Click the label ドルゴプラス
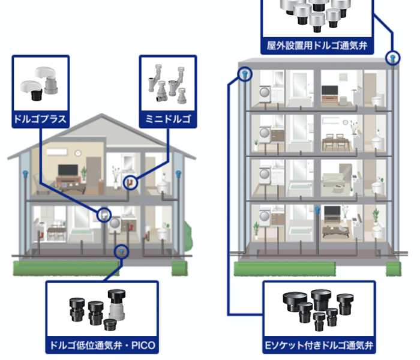click(x=40, y=119)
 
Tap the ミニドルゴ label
click(x=168, y=119)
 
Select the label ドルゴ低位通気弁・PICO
click(x=103, y=345)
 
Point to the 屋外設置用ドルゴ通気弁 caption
click(x=317, y=46)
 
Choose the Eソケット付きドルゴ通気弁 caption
click(x=319, y=345)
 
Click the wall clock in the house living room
click(x=78, y=153)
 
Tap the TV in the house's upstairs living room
click(x=68, y=170)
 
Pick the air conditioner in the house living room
click(x=57, y=152)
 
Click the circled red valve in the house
click(x=130, y=183)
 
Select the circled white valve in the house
click(x=104, y=215)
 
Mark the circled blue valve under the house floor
click(x=122, y=252)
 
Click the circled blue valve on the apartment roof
click(x=392, y=58)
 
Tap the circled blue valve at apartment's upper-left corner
click(x=245, y=74)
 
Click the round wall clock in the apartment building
click(x=345, y=122)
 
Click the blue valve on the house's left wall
click(x=25, y=174)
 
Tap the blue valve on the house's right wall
click(x=178, y=174)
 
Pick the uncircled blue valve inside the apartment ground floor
click(x=317, y=210)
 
